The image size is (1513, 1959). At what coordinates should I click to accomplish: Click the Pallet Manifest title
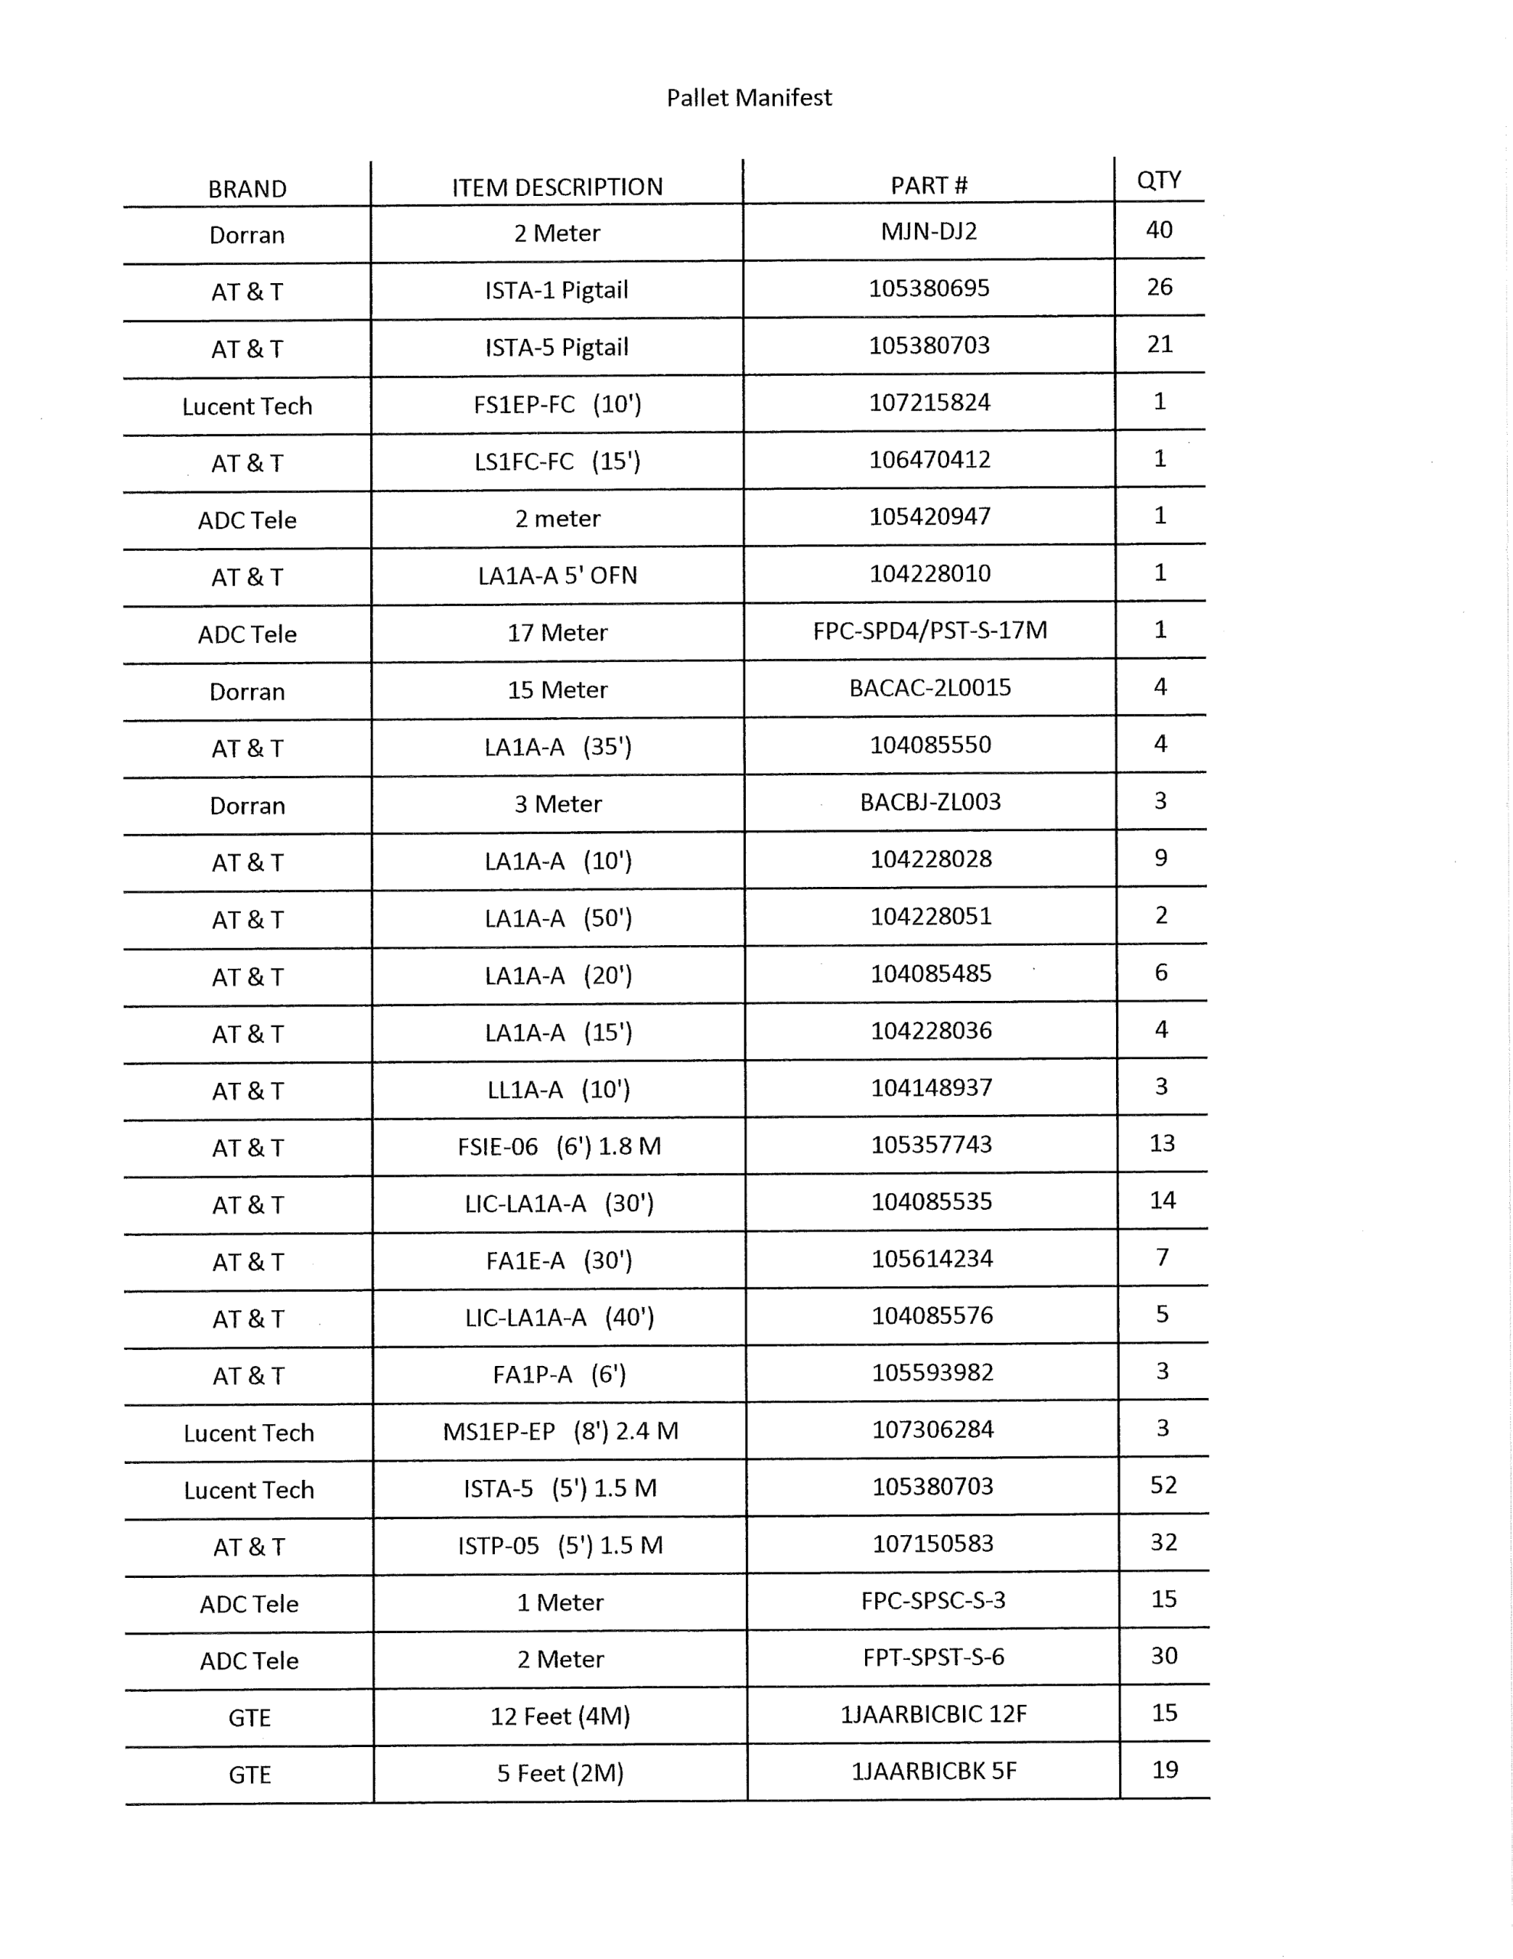click(749, 98)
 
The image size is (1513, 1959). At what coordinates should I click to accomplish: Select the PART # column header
click(929, 186)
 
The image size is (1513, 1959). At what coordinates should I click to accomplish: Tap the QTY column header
click(1158, 181)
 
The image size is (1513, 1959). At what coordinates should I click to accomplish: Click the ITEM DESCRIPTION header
click(557, 187)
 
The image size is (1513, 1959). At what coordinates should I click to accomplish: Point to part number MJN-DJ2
click(929, 231)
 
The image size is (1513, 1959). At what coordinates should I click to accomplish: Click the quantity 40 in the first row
click(1159, 230)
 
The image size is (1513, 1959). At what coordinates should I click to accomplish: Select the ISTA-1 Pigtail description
click(556, 291)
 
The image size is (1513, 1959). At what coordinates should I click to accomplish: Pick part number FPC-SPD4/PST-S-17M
click(929, 631)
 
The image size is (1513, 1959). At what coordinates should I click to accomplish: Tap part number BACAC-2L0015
click(929, 688)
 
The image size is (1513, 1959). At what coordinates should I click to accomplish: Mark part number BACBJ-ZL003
click(930, 802)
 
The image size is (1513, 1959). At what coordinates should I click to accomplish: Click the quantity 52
click(1163, 1485)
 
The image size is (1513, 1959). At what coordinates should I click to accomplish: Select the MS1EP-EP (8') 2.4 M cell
click(560, 1431)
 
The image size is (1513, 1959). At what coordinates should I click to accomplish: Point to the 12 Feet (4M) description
click(560, 1716)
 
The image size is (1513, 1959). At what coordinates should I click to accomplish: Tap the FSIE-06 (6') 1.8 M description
click(558, 1146)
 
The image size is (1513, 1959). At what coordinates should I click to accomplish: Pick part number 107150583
click(932, 1543)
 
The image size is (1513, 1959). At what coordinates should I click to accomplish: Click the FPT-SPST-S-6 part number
click(932, 1657)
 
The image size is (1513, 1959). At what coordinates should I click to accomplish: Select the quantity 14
click(1163, 1201)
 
